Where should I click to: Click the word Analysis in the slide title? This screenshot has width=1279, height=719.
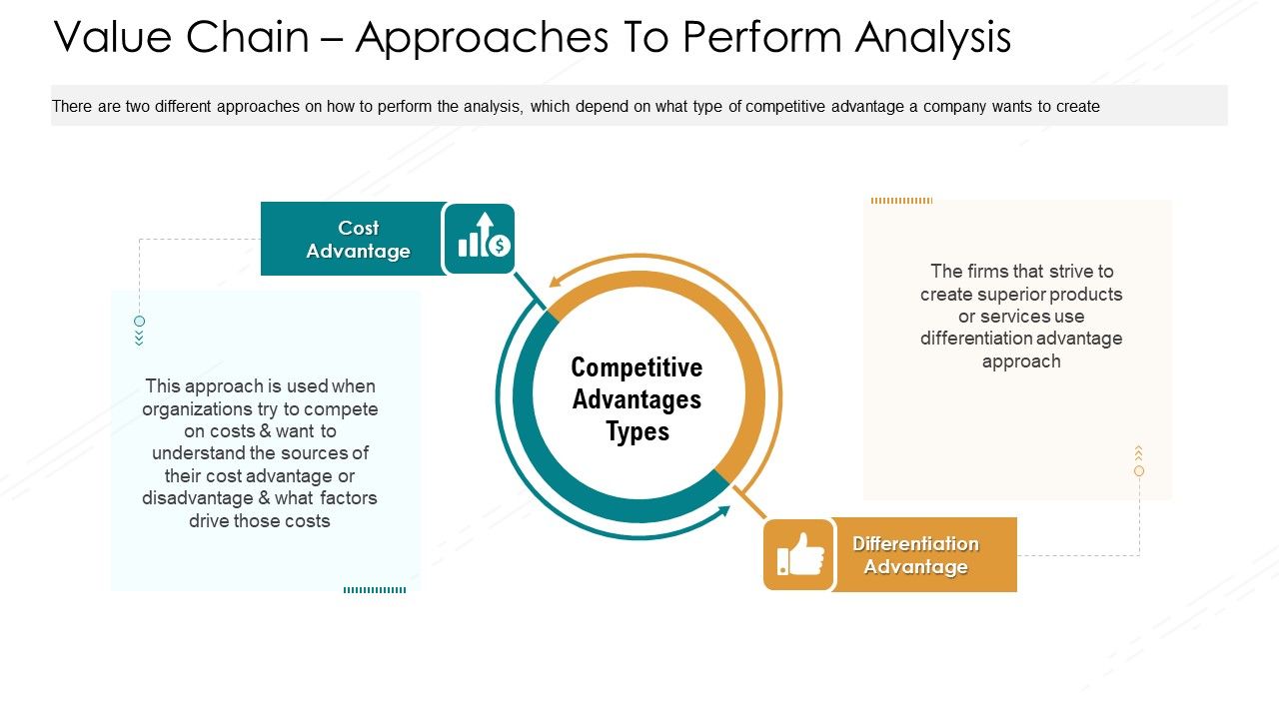pyautogui.click(x=933, y=37)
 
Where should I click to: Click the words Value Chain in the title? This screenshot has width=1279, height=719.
pyautogui.click(x=182, y=37)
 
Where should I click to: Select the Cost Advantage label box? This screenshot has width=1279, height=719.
pyautogui.click(x=354, y=240)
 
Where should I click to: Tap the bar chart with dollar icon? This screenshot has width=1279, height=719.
pyautogui.click(x=481, y=239)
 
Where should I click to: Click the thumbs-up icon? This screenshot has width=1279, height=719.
pyautogui.click(x=798, y=554)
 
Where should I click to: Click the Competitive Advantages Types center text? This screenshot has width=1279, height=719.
pyautogui.click(x=638, y=399)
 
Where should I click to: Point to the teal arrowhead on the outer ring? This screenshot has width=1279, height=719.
pyautogui.click(x=722, y=512)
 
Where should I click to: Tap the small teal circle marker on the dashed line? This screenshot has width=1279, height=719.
pyautogui.click(x=139, y=322)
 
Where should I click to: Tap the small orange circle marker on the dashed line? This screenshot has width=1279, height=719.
pyautogui.click(x=1139, y=470)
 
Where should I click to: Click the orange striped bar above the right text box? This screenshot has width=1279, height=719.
pyautogui.click(x=901, y=201)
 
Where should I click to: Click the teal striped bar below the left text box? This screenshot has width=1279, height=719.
pyautogui.click(x=375, y=590)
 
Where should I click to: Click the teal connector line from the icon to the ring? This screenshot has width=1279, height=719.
pyautogui.click(x=530, y=291)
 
